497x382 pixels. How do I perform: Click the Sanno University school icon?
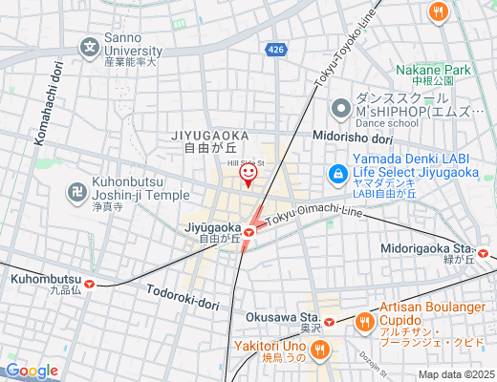[89, 46]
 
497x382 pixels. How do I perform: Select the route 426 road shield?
[275, 48]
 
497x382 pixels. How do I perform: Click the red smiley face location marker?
[248, 175]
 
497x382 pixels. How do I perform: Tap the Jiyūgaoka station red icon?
[249, 230]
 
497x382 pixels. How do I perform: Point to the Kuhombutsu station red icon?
[89, 283]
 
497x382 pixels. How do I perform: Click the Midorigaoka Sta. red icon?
[485, 253]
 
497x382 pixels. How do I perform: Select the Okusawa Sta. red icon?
[329, 321]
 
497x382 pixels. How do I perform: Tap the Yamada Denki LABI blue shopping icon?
[336, 174]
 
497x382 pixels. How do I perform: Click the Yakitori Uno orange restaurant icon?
[319, 350]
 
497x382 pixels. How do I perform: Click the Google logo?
[32, 371]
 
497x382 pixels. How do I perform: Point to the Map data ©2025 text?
[456, 374]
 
